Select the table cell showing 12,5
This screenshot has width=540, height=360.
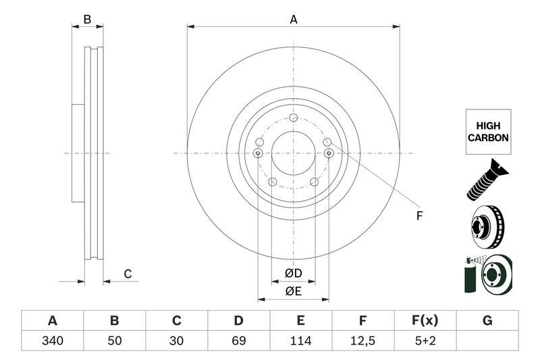362,340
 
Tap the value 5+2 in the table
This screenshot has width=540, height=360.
425,340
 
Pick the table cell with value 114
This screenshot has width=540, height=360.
301,340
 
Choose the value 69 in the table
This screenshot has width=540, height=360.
239,340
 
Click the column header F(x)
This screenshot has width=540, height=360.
425,320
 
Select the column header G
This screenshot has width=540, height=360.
487,320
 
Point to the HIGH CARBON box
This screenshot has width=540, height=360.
487,132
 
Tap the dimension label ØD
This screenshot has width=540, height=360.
292,273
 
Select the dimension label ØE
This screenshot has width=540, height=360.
292,291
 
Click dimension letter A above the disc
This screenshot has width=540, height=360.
294,20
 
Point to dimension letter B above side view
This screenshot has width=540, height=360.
87,20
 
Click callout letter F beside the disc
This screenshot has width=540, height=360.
418,216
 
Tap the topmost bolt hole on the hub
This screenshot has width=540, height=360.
293,120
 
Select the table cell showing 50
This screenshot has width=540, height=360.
115,340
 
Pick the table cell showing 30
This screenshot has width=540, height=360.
177,340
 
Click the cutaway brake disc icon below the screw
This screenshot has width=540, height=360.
487,226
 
